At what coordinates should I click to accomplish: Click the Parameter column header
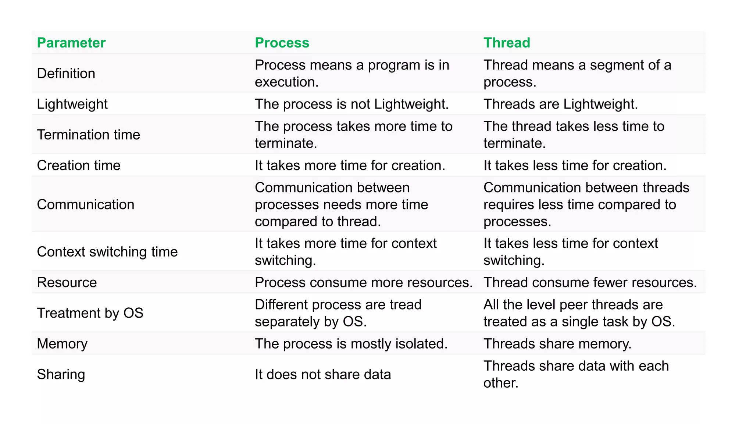pos(71,43)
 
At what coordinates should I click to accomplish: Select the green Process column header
pos(282,43)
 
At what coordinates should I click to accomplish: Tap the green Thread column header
pos(507,43)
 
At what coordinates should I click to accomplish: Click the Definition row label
pos(66,73)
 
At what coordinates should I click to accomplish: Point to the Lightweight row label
pos(72,104)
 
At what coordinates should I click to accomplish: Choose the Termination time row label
pos(89,135)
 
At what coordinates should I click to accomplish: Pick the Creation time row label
pos(79,165)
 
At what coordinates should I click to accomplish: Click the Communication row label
pos(86,204)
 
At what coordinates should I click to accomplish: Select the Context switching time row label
pos(107,252)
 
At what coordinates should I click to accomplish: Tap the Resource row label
pos(67,282)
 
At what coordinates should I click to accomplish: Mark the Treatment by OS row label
pos(90,313)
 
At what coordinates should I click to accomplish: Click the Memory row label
pos(62,344)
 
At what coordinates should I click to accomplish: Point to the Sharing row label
pos(61,374)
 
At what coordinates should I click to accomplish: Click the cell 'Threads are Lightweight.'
pos(560,104)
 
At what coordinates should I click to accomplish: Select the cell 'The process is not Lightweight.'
pos(351,104)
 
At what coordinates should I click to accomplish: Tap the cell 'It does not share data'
pos(323,374)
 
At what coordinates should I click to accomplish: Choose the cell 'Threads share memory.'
pos(557,344)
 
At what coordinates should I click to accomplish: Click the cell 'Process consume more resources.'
pos(364,282)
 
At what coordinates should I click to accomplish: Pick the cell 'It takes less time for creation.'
pos(575,165)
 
